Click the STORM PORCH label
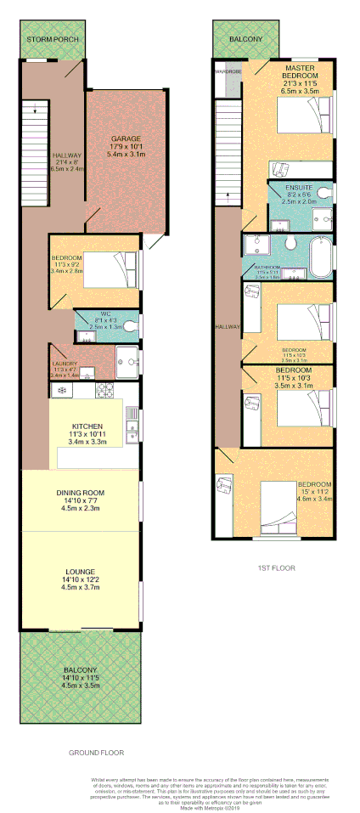(52, 39)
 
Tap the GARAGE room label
(126, 138)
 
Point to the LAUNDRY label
(65, 364)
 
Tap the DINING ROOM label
(80, 493)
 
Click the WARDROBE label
(228, 72)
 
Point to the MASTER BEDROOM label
(301, 71)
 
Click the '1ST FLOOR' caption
(277, 567)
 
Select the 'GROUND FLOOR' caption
(96, 753)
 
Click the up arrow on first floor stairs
(228, 200)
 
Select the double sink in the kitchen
(132, 426)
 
